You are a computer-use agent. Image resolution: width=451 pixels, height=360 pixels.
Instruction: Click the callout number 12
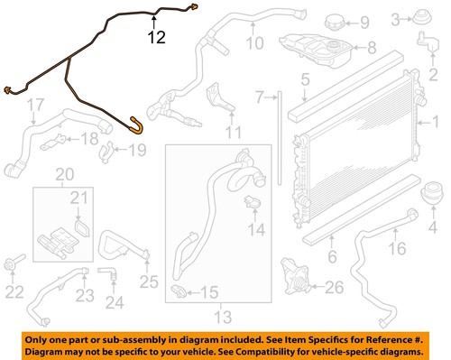pos(157,37)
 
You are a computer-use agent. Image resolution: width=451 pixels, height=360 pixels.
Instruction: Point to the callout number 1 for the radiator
pos(437,120)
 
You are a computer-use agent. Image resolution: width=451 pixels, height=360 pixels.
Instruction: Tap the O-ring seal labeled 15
pos(179,291)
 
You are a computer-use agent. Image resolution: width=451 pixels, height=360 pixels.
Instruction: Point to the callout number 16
pos(398,248)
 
